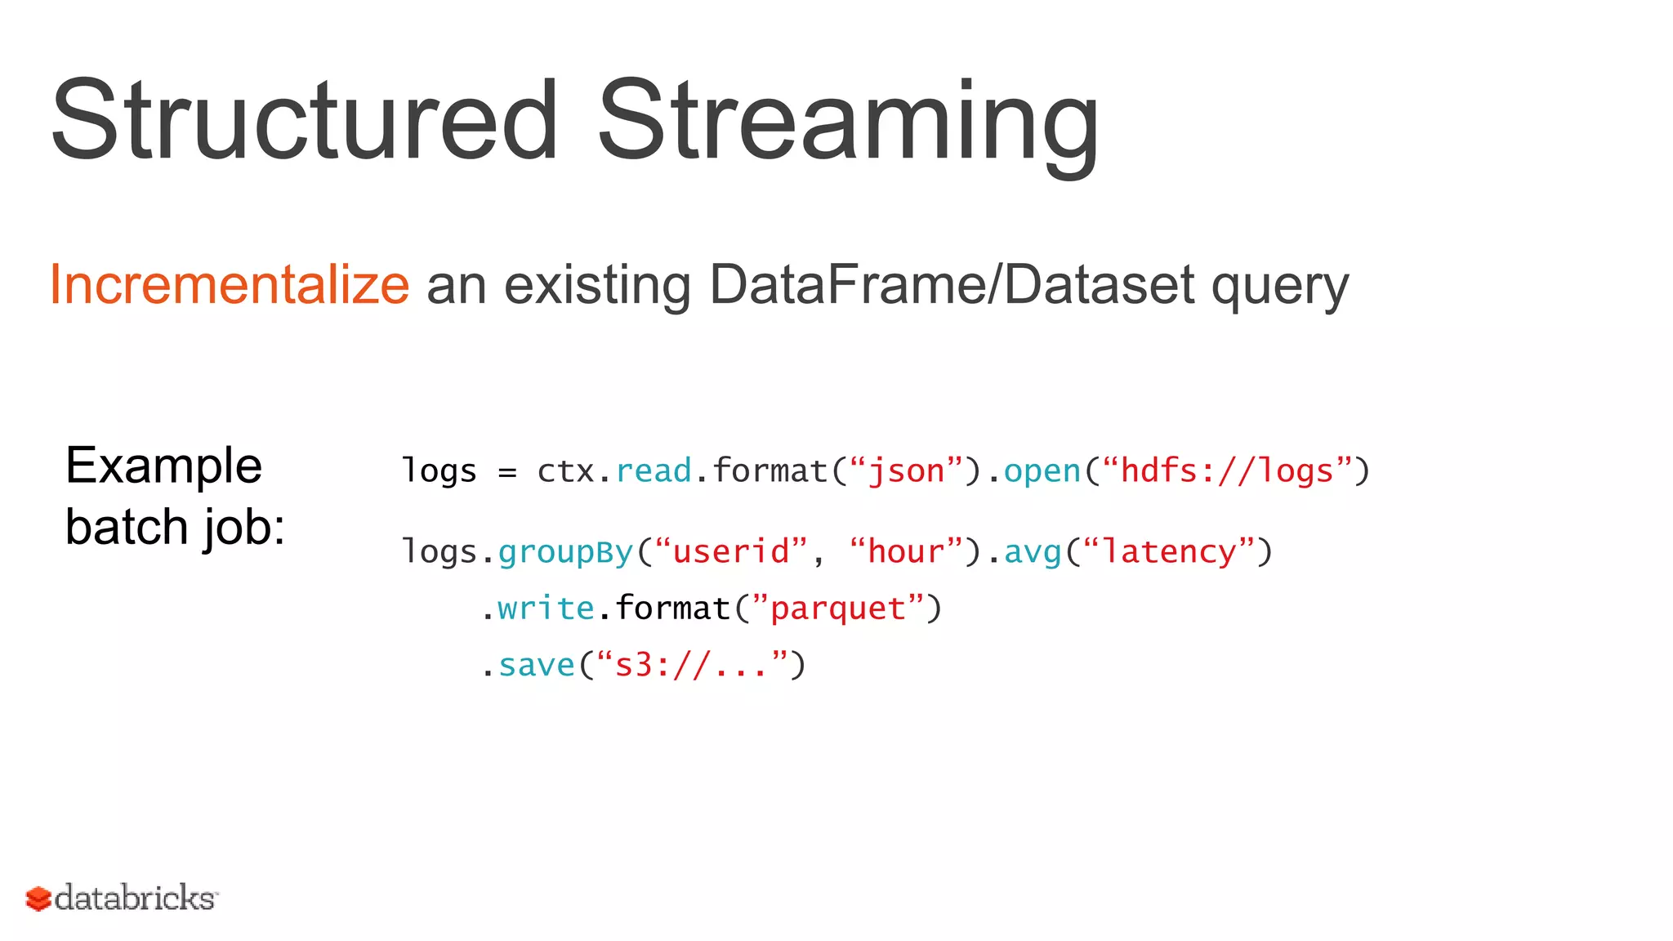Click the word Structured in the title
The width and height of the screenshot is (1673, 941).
(x=304, y=120)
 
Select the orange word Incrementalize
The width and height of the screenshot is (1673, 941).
(x=229, y=284)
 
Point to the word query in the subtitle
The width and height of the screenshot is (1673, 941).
(x=1279, y=288)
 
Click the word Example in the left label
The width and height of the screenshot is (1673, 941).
(x=163, y=467)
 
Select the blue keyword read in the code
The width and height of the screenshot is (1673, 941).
(x=653, y=471)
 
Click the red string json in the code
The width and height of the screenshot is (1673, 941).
(x=906, y=472)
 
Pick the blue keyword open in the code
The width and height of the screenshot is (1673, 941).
(x=1042, y=472)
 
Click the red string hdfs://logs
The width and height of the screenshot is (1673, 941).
(x=1227, y=471)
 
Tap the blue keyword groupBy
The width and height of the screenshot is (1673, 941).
(x=565, y=553)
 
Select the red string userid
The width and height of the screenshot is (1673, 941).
(x=730, y=552)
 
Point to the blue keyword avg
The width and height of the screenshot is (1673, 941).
(x=1032, y=553)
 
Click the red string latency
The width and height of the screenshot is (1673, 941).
(x=1169, y=552)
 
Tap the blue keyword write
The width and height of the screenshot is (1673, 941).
(x=546, y=609)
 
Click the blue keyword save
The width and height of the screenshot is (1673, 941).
(x=537, y=666)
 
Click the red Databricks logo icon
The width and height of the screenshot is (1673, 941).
(x=38, y=899)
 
